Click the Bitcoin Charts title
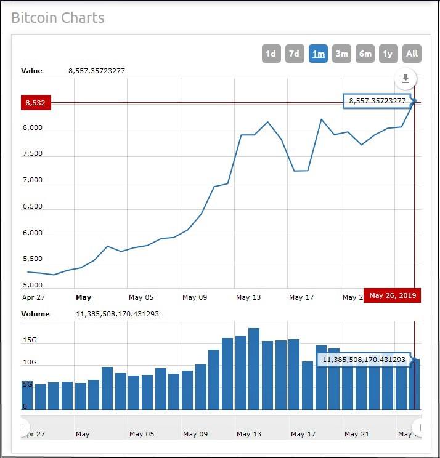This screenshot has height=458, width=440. tap(58, 17)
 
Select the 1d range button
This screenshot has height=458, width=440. tap(271, 54)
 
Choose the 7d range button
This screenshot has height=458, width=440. tap(295, 54)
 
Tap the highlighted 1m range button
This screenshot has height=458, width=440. tap(318, 54)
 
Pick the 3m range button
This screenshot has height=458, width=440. tap(341, 54)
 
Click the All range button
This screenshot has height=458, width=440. tap(412, 54)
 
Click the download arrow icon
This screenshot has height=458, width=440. tap(405, 79)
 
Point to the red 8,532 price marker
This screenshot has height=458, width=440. tap(36, 102)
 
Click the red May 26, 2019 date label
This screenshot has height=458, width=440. tap(393, 296)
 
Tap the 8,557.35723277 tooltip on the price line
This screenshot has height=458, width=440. tap(377, 101)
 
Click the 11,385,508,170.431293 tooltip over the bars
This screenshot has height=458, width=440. tap(364, 359)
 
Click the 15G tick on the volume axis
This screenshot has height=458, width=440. tap(30, 340)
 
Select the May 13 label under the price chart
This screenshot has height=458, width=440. tap(248, 297)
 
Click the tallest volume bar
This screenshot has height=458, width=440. tap(254, 369)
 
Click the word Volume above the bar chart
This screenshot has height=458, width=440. tap(36, 314)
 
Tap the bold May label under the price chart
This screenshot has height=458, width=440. tap(83, 297)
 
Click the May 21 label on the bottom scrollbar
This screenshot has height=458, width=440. tap(356, 434)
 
